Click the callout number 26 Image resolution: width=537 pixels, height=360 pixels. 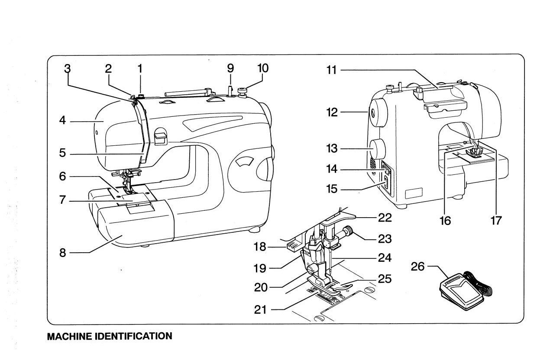(418, 267)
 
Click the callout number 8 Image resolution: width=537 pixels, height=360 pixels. (63, 253)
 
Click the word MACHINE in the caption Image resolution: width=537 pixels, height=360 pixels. (69, 336)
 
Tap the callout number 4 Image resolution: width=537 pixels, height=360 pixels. (63, 121)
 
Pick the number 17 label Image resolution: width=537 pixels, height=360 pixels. (496, 221)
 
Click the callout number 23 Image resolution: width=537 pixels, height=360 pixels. (385, 238)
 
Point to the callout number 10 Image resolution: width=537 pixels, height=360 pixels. (262, 68)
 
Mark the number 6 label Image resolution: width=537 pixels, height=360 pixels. (63, 177)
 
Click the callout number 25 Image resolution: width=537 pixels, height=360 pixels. (385, 279)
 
